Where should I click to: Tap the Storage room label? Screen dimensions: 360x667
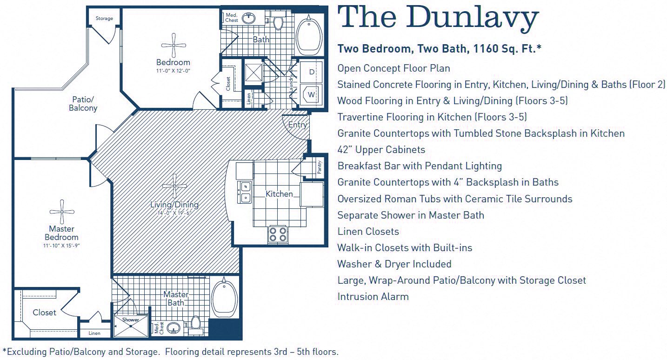[x=104, y=19]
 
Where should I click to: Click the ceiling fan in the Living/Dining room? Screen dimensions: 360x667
[x=175, y=186]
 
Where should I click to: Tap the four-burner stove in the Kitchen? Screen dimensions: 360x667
[x=278, y=234]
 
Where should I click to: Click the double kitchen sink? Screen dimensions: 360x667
[x=245, y=192]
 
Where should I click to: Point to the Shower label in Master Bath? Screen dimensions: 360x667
[x=131, y=320]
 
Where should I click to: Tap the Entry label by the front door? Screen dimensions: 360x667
[x=298, y=125]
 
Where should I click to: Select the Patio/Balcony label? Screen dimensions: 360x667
[x=83, y=103]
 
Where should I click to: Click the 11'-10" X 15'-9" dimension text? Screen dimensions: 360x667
[x=61, y=245]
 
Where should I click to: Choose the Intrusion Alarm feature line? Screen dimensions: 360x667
[x=373, y=297]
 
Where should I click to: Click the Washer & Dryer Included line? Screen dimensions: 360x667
[x=394, y=264]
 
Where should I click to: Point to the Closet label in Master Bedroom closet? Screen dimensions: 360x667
[x=45, y=313]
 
